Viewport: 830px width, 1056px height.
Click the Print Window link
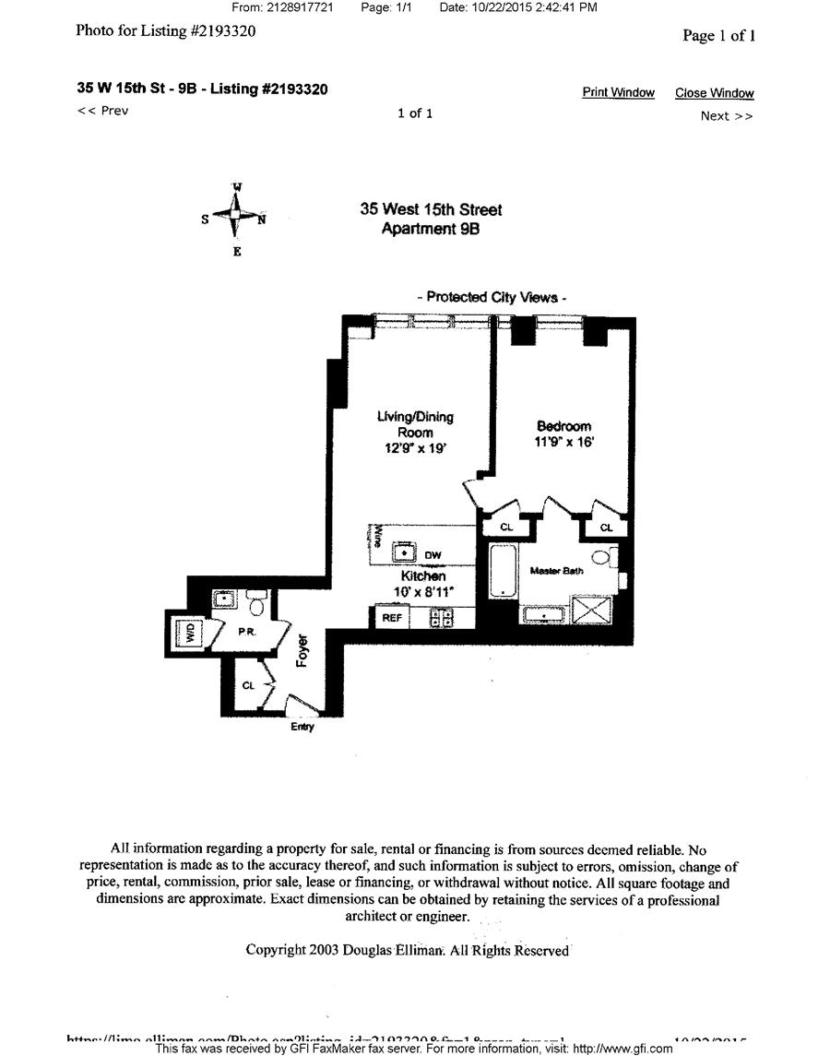click(618, 92)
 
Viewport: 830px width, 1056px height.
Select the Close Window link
click(714, 93)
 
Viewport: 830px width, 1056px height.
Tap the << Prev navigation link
click(102, 111)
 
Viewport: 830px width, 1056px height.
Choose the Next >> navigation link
click(727, 115)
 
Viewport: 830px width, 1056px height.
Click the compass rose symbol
click(236, 216)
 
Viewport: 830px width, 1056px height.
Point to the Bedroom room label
click(563, 426)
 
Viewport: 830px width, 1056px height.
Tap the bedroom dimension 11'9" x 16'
click(564, 442)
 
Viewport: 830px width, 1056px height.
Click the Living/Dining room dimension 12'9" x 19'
click(415, 449)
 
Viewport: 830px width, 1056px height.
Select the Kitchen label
click(423, 575)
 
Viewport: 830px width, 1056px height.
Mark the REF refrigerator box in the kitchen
click(392, 618)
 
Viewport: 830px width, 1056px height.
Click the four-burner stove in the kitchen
click(442, 618)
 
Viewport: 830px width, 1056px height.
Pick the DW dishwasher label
click(433, 555)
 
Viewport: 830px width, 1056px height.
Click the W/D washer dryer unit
click(190, 634)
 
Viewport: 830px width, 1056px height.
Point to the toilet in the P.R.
click(256, 603)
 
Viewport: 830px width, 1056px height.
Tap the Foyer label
click(302, 650)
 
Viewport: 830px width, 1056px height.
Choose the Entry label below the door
click(302, 727)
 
